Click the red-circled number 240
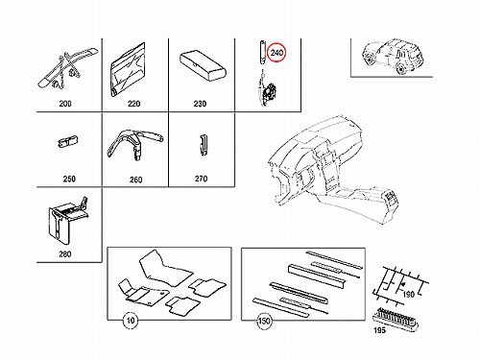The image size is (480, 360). pyautogui.click(x=276, y=53)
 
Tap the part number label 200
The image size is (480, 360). pyautogui.click(x=65, y=104)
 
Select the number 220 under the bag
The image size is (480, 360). pyautogui.click(x=133, y=104)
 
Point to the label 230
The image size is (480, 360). pyautogui.click(x=200, y=104)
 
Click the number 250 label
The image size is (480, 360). pyautogui.click(x=69, y=179)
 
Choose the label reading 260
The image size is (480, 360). pyautogui.click(x=136, y=180)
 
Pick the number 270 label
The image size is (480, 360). pyautogui.click(x=202, y=179)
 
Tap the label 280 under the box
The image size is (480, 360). pyautogui.click(x=65, y=254)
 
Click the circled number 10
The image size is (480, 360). pyautogui.click(x=131, y=320)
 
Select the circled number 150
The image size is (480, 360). pyautogui.click(x=264, y=321)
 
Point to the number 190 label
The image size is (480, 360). pyautogui.click(x=408, y=294)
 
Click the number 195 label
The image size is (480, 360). pyautogui.click(x=380, y=330)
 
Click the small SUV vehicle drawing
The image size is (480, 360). pyautogui.click(x=393, y=56)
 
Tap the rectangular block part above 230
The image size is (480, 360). pyautogui.click(x=203, y=66)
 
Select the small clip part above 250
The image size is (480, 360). pyautogui.click(x=68, y=142)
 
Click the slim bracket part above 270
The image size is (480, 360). pyautogui.click(x=203, y=145)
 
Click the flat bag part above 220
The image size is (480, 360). pyautogui.click(x=128, y=69)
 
